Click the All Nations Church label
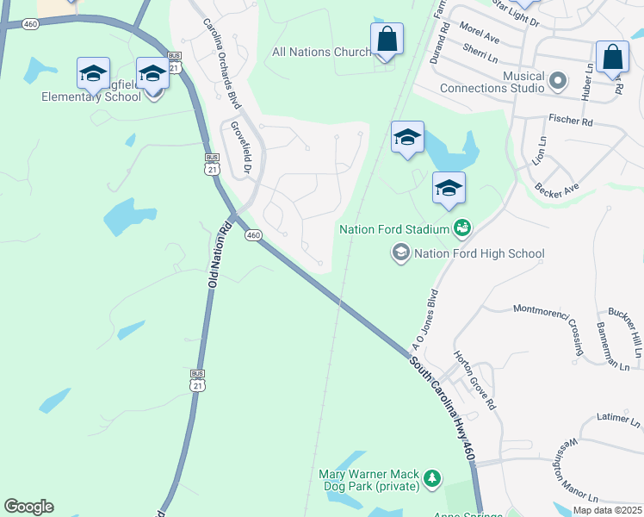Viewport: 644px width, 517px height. [321, 53]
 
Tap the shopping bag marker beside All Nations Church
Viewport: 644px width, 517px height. [387, 40]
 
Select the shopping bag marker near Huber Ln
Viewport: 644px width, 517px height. [612, 58]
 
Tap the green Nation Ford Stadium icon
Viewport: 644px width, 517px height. [462, 228]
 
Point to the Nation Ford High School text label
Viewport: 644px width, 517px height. [479, 253]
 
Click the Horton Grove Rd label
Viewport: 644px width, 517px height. [475, 380]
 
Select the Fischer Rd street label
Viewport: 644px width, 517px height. [570, 121]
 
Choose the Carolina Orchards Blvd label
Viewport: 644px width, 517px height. [220, 64]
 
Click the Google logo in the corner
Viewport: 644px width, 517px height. [28, 507]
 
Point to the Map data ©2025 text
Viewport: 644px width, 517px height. [607, 510]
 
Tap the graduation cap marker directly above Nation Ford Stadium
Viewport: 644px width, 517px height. [449, 190]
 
